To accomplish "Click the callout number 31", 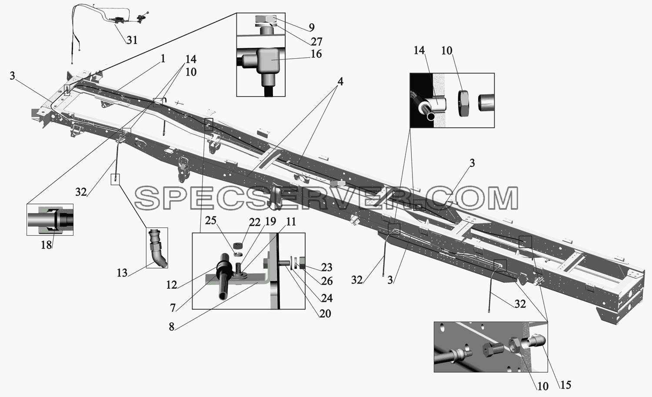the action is pos(132,40).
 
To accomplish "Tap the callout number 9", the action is pos(312,27).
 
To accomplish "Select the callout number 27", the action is pos(316,41).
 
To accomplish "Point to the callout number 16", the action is pos(316,54).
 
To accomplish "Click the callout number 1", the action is pos(163,59).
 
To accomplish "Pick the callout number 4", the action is pos(340,82).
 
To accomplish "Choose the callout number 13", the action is pos(122,273).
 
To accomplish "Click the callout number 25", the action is pos(211,220).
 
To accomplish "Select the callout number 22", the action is pos(255,223).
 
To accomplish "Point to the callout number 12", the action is pos(172,285).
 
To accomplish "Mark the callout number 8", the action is pos(172,327).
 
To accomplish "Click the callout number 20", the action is pos(325,314).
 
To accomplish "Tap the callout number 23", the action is pos(327,267).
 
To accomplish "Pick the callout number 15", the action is pos(565,385).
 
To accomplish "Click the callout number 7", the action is pos(173,308).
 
